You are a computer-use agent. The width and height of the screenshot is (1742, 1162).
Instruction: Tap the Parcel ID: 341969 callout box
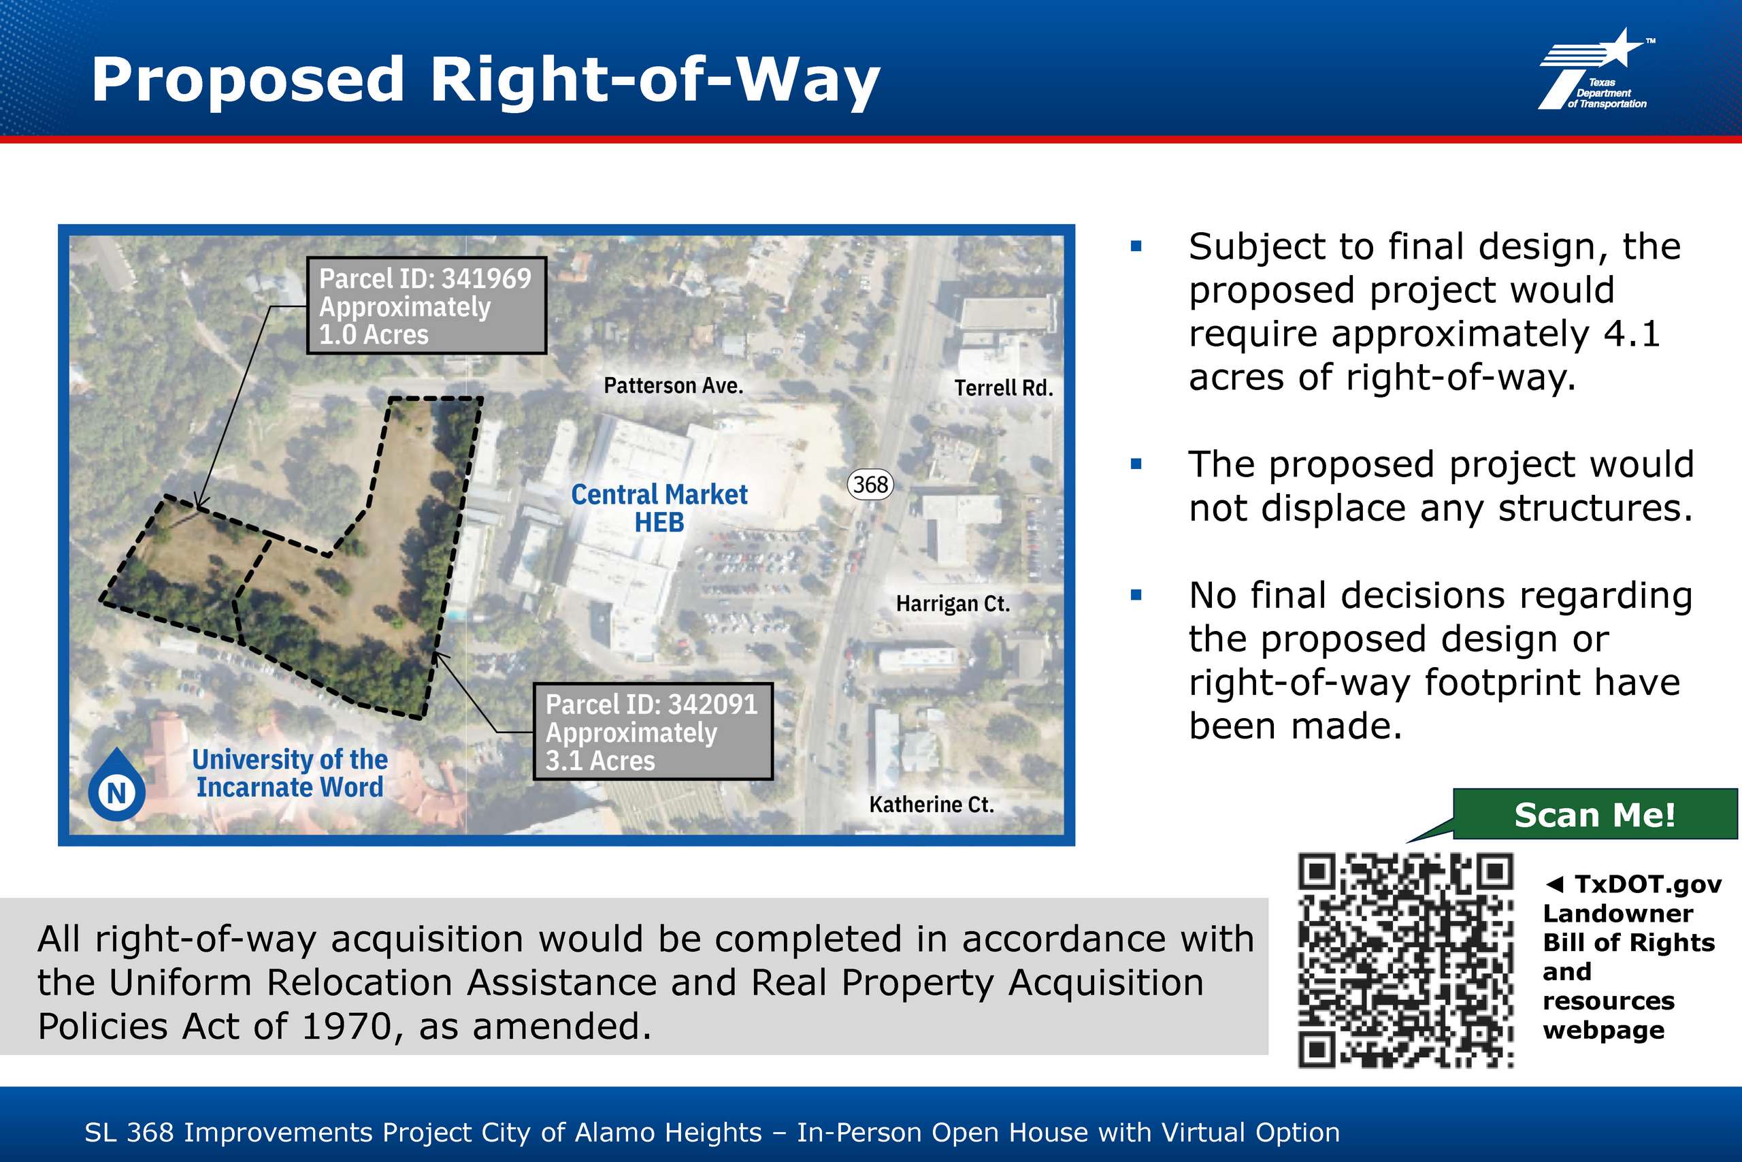pos(427,306)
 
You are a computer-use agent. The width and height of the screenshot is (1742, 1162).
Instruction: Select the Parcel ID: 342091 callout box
pos(653,731)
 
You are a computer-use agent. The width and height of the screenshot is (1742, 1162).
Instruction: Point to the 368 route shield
pos(870,485)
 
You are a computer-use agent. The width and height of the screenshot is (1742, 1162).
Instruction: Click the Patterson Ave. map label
pos(673,385)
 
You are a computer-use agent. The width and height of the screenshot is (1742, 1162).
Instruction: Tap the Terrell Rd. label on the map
pos(1004,387)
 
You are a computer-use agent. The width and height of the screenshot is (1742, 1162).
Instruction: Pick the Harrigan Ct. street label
pos(953,603)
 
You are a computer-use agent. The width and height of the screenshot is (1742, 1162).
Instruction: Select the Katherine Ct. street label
pos(931,804)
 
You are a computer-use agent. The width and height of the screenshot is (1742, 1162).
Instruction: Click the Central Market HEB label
pos(659,509)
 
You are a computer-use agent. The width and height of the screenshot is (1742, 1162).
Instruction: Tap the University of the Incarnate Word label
pos(290,773)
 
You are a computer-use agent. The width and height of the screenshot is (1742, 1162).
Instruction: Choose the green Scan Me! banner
pos(1594,814)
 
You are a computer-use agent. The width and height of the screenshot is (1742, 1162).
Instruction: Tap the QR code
pos(1405,961)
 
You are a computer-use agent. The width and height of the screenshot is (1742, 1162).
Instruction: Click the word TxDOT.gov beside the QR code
pos(1648,884)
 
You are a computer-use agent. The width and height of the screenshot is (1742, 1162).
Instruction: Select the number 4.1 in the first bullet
pos(1632,334)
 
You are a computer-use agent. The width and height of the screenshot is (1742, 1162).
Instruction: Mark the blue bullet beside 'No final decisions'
pos(1136,595)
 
